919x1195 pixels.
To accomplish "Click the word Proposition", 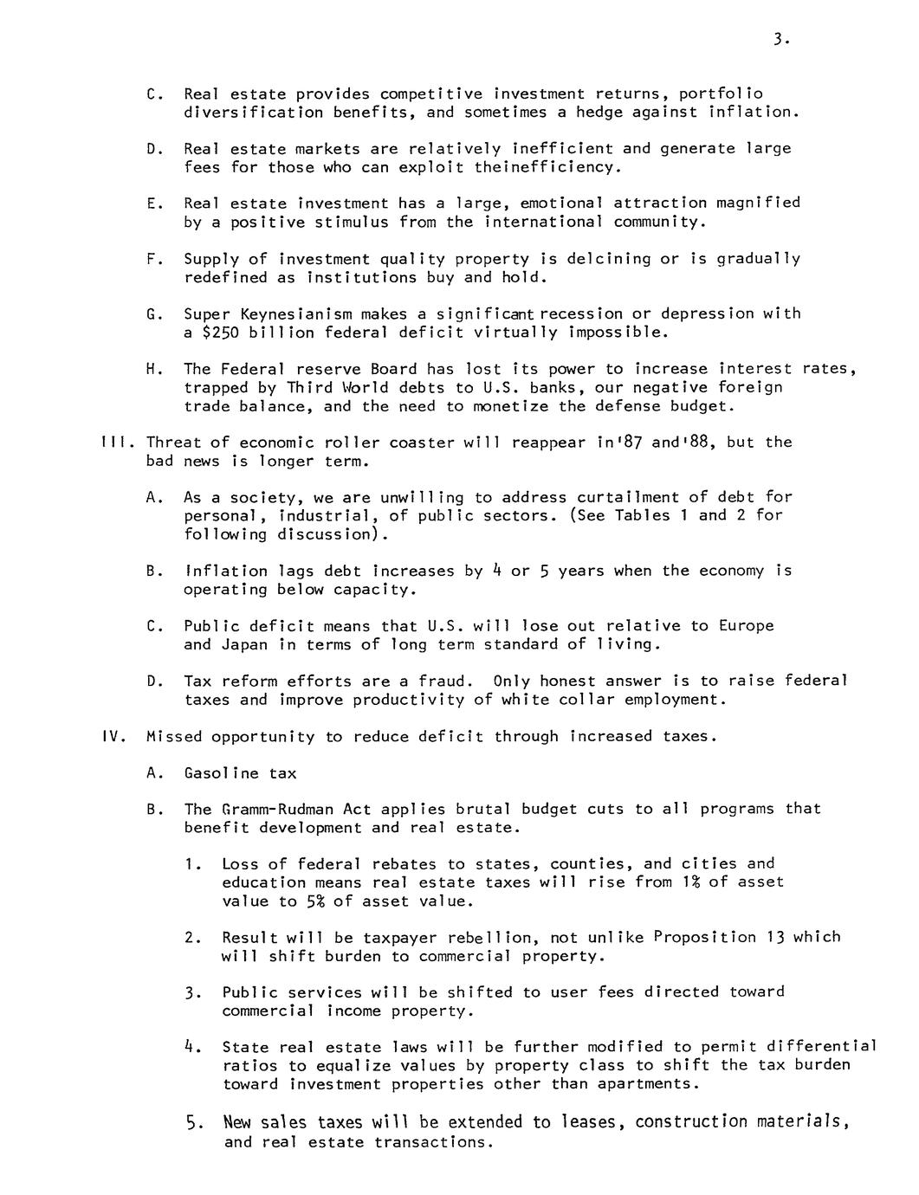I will pos(704,937).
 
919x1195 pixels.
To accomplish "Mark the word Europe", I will pos(746,625).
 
